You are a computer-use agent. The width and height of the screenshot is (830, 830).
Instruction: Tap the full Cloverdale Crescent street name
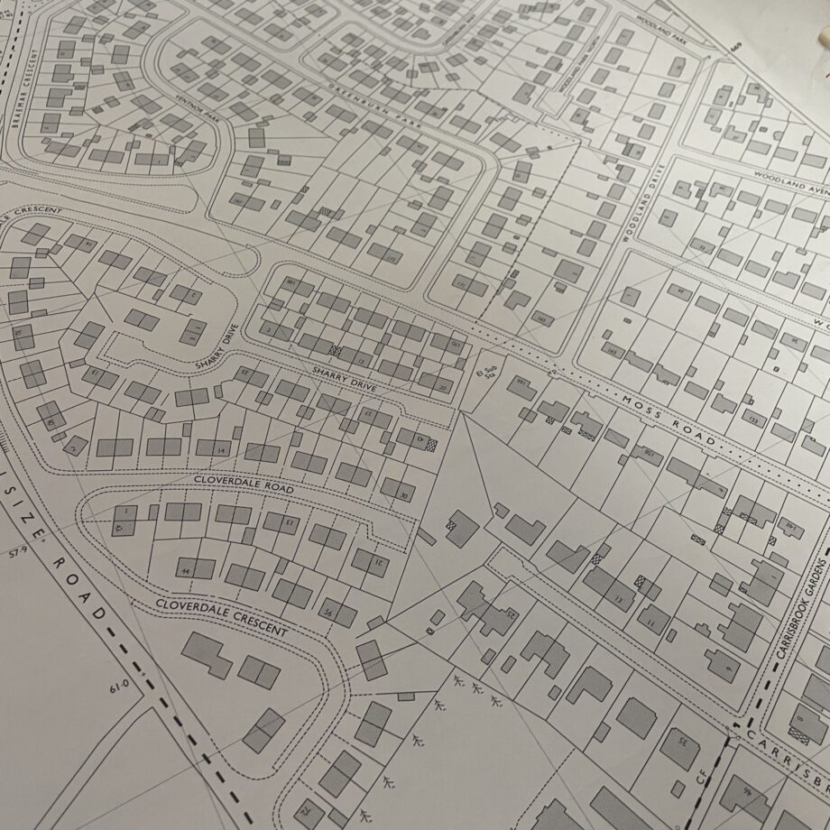pos(221,617)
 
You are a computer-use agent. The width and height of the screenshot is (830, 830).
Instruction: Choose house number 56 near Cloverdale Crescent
pos(327,614)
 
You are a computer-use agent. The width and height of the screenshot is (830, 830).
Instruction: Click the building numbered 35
pos(683,742)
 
